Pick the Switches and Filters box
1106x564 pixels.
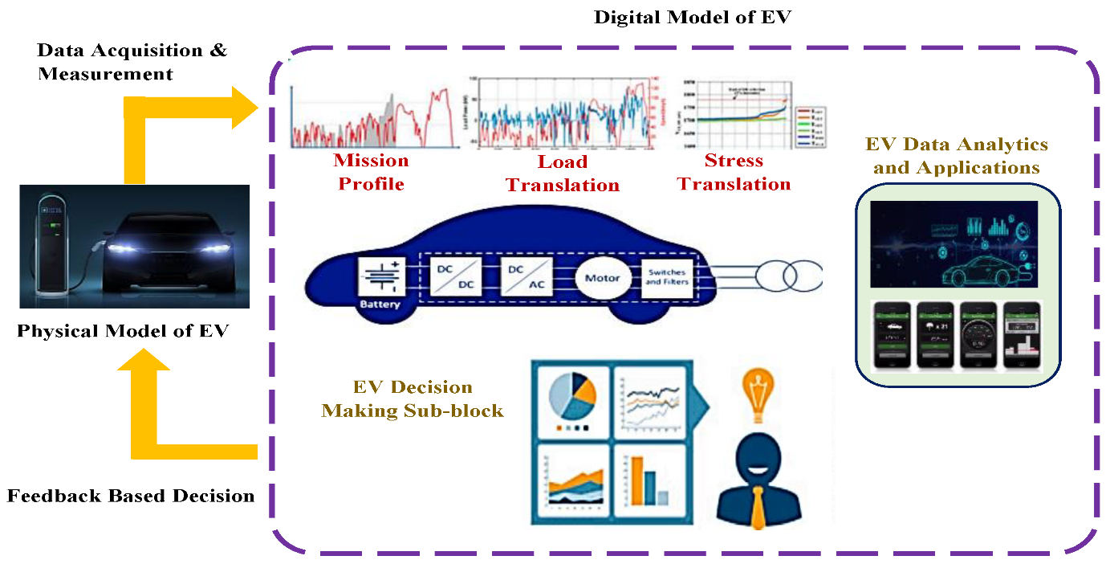(668, 277)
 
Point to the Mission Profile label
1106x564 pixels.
(371, 172)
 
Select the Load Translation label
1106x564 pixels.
(563, 174)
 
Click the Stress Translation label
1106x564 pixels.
(734, 172)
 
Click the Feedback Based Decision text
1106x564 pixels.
(131, 495)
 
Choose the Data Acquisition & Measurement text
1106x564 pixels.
(132, 62)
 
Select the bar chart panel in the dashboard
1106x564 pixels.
(650, 480)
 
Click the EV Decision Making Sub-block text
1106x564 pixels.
(412, 399)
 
